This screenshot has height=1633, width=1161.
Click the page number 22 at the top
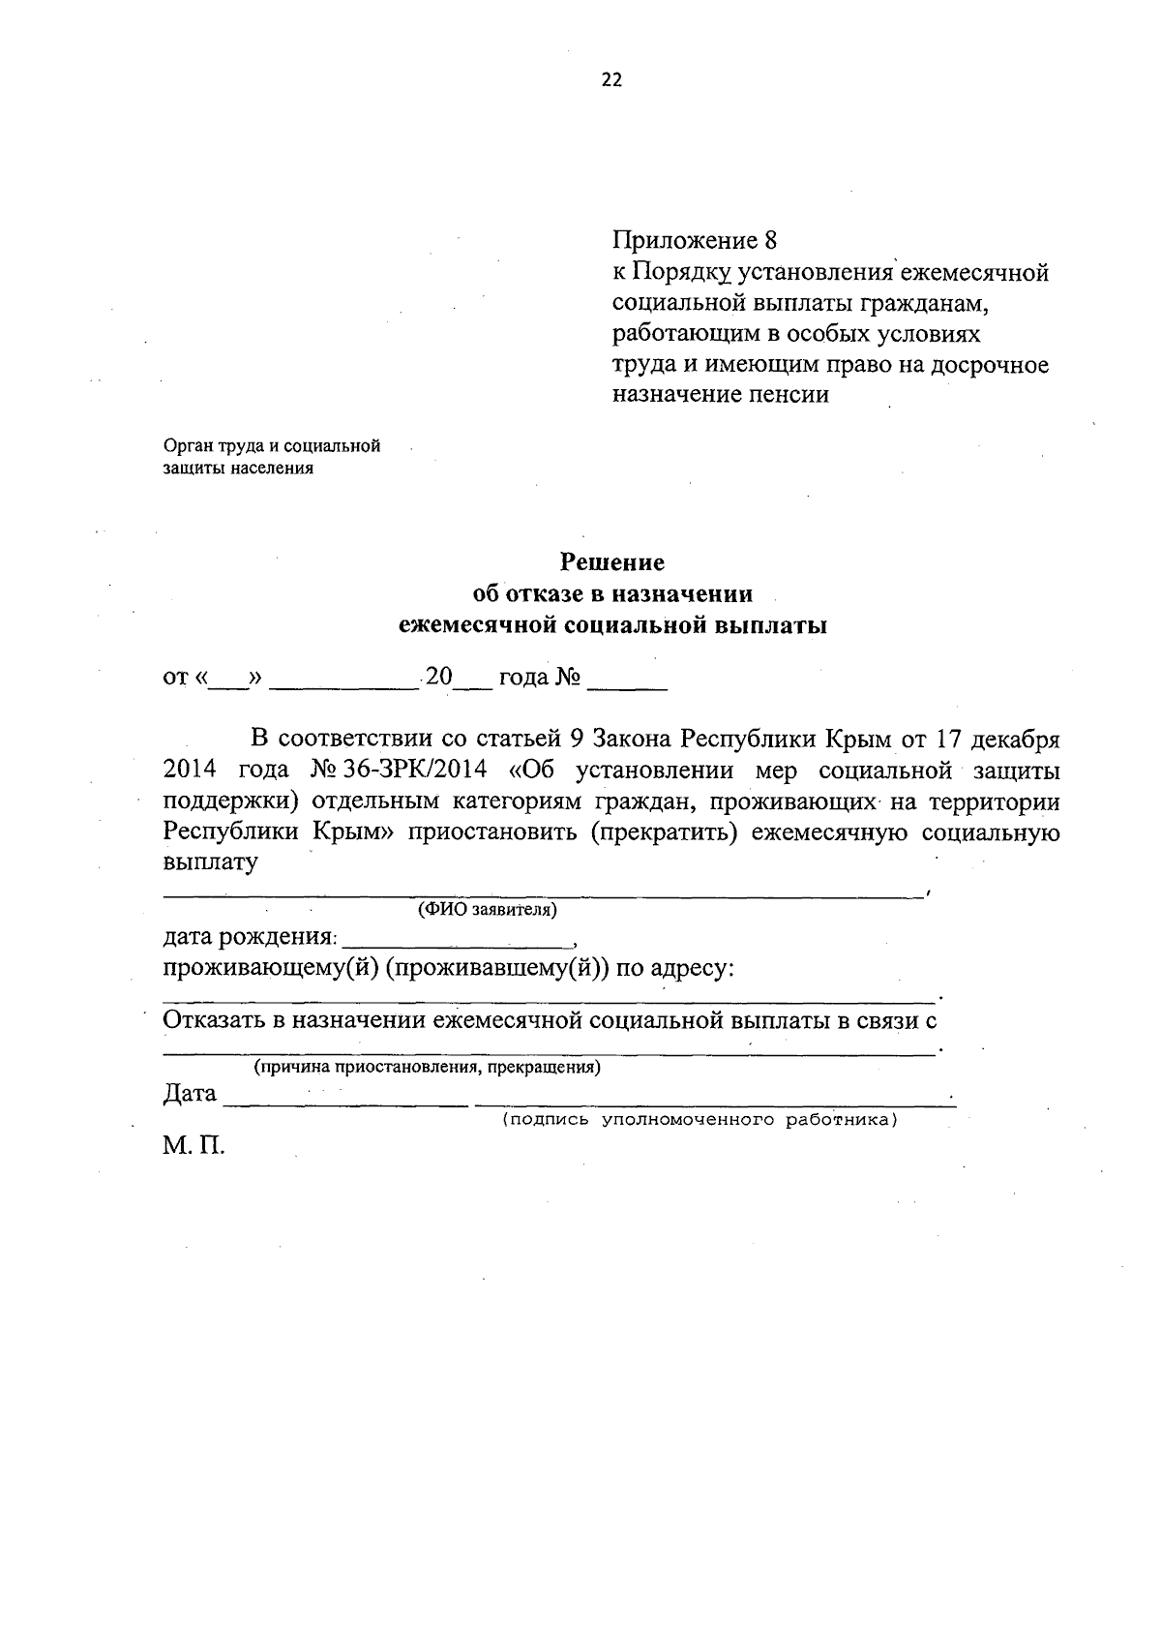[611, 80]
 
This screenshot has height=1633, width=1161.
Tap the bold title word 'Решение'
[613, 562]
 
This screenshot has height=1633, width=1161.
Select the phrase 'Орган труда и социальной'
[272, 446]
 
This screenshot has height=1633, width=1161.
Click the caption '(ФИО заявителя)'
[487, 911]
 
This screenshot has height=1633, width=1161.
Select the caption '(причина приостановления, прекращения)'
[427, 1068]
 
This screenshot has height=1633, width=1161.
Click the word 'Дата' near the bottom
[190, 1094]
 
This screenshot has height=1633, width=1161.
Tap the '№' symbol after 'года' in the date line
[567, 678]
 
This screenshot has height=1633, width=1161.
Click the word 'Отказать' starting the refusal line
[215, 1020]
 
